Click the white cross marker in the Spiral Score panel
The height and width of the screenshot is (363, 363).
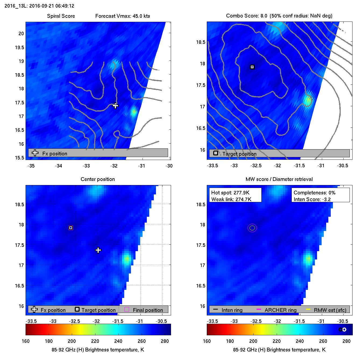click(x=115, y=106)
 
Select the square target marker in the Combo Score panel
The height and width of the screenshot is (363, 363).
click(x=252, y=67)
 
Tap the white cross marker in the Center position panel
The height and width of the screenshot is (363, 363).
click(x=98, y=250)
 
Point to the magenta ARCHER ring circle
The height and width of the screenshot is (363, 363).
click(x=252, y=228)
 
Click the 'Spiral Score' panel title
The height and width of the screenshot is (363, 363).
click(x=61, y=16)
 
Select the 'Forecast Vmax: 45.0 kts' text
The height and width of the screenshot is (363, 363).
click(x=123, y=16)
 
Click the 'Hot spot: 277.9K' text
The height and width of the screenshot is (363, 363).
click(x=230, y=193)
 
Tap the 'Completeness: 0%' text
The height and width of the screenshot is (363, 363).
click(x=314, y=193)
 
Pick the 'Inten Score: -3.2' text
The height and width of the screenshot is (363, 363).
click(x=312, y=199)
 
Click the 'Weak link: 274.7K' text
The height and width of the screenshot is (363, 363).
click(x=231, y=199)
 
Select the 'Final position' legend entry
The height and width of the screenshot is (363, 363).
click(x=148, y=310)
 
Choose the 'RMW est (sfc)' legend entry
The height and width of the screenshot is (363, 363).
click(x=330, y=310)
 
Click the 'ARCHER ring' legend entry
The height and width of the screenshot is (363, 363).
click(x=280, y=310)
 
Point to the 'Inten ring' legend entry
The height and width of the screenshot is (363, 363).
click(x=232, y=310)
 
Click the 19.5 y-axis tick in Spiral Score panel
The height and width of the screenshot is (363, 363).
click(x=19, y=48)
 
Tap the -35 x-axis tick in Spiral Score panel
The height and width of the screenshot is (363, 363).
click(x=31, y=166)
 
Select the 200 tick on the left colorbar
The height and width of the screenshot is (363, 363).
click(x=72, y=341)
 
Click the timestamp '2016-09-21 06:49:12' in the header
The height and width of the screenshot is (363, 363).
click(x=52, y=6)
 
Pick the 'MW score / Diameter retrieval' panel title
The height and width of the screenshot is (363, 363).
click(x=279, y=179)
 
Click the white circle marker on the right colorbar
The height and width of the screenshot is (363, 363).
click(x=344, y=329)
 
